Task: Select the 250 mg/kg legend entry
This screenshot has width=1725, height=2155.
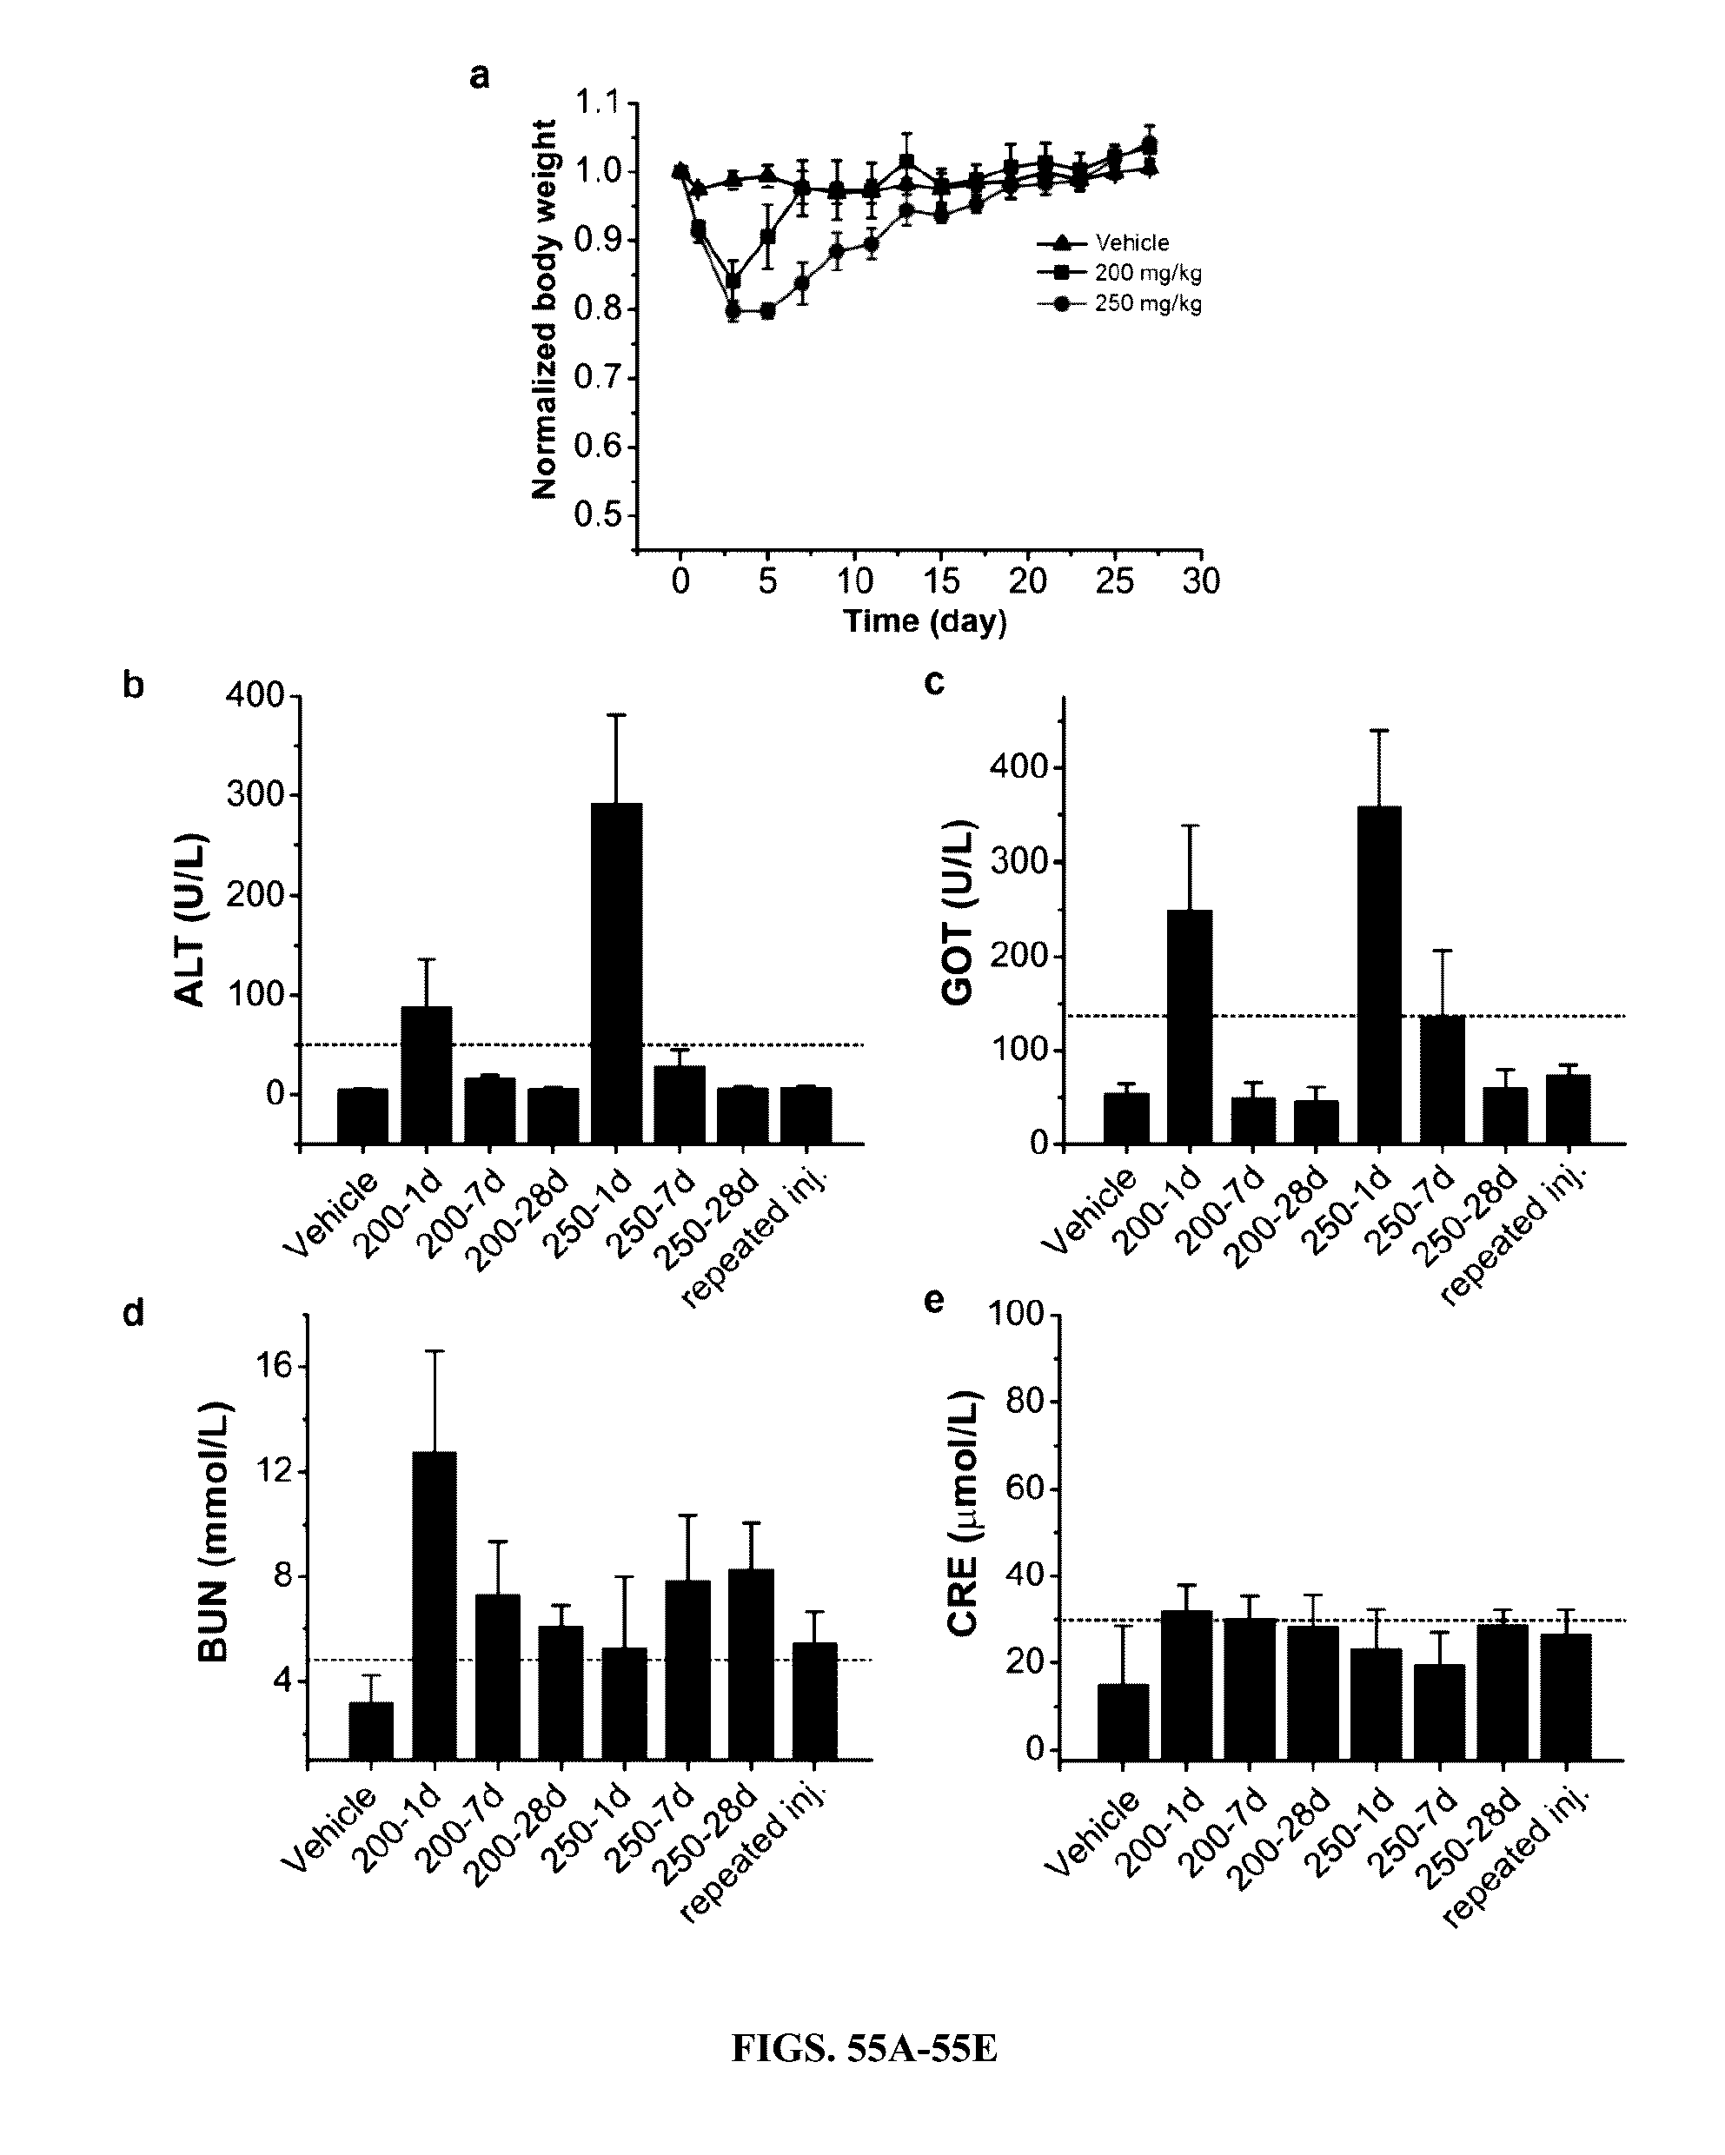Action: (x=1147, y=304)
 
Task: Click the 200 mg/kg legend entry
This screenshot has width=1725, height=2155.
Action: (x=1147, y=273)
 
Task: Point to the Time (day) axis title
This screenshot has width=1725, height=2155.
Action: (x=925, y=621)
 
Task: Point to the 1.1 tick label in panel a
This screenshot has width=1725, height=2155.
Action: (x=597, y=103)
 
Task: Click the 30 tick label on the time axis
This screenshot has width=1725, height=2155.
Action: (x=1200, y=581)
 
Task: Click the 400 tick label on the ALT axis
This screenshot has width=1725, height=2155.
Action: (x=255, y=696)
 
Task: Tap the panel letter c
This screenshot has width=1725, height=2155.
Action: (x=934, y=683)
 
